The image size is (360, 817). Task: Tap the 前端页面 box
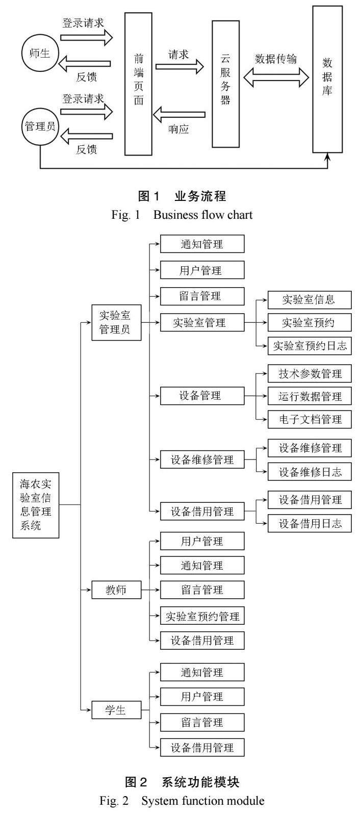pyautogui.click(x=138, y=84)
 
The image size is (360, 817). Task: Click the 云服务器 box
pyautogui.click(x=225, y=84)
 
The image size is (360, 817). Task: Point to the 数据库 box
pyautogui.click(x=327, y=79)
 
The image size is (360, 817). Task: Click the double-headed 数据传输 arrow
pyautogui.click(x=276, y=77)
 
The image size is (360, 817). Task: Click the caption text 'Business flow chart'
pyautogui.click(x=202, y=215)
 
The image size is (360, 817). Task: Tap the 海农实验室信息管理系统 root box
pyautogui.click(x=36, y=504)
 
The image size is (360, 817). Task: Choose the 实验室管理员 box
pyautogui.click(x=116, y=322)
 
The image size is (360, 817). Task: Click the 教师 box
pyautogui.click(x=116, y=590)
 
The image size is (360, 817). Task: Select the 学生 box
pyautogui.click(x=116, y=710)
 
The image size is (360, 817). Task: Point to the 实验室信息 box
pyautogui.click(x=309, y=300)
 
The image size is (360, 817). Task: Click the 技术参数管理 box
pyautogui.click(x=310, y=374)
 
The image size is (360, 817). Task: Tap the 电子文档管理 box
pyautogui.click(x=310, y=420)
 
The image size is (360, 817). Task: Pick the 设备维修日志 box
pyautogui.click(x=310, y=472)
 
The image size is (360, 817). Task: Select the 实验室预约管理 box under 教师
pyautogui.click(x=202, y=616)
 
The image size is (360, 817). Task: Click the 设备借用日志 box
pyautogui.click(x=310, y=523)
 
